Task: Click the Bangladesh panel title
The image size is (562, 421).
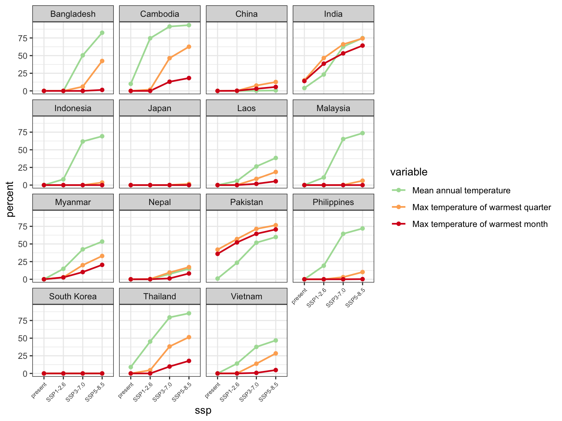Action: pos(73,14)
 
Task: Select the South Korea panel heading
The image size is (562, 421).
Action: pos(73,296)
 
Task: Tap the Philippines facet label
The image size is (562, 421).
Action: pos(333,202)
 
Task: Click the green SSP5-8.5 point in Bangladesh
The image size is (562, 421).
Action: pos(102,33)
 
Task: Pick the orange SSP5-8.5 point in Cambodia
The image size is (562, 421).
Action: pos(189,47)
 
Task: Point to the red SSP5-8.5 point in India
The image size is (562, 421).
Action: pos(363,46)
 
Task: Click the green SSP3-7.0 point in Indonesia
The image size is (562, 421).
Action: pos(83,141)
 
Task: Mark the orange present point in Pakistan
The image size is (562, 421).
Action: pos(218,250)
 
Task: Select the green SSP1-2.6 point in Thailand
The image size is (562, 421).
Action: pos(150,341)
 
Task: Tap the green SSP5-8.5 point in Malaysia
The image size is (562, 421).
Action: pos(363,133)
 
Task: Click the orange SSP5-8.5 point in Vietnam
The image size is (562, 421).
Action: pos(276,353)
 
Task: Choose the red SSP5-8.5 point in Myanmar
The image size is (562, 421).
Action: pos(102,265)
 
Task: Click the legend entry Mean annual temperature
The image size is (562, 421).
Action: pos(461,190)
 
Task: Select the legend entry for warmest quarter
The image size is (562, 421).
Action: pos(481,207)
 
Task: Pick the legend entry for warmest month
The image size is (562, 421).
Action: pos(480,224)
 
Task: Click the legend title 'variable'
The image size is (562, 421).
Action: pos(409,172)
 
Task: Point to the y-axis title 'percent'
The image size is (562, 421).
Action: pos(11,199)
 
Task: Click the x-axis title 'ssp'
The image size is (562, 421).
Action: pos(203,410)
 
